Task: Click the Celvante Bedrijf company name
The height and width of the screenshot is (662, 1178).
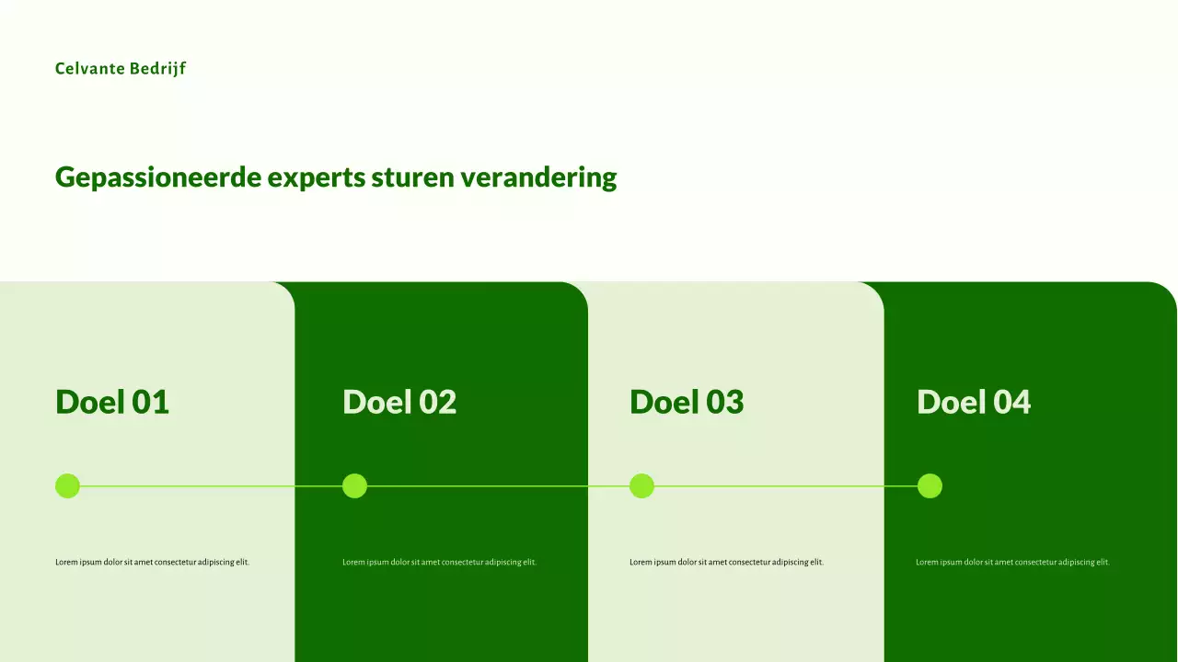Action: [x=121, y=69]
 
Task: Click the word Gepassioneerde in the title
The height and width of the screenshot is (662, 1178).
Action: [x=158, y=177]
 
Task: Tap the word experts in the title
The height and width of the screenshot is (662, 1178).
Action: [x=317, y=177]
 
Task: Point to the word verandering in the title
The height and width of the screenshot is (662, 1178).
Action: [x=539, y=177]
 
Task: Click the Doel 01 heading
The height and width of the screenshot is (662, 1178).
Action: [x=112, y=402]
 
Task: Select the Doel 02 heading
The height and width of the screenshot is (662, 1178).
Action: [x=399, y=402]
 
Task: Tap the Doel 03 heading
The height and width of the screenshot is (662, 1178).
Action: [x=687, y=402]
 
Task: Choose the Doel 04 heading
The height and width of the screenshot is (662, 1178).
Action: [x=974, y=402]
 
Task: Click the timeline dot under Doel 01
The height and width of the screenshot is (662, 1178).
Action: [x=67, y=485]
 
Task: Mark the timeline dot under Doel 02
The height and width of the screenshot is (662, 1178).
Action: [x=354, y=485]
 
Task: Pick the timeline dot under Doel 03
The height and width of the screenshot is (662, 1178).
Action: [x=641, y=485]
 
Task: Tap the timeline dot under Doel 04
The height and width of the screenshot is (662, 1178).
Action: [x=930, y=485]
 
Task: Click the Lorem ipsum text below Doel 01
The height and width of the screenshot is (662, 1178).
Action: [x=152, y=562]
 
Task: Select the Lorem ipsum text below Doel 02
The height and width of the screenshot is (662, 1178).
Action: [x=439, y=562]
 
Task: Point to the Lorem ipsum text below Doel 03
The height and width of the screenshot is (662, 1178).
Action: [x=726, y=562]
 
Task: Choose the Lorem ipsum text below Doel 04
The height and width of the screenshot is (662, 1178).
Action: [x=1012, y=562]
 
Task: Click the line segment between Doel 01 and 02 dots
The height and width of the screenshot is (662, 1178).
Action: [x=211, y=485]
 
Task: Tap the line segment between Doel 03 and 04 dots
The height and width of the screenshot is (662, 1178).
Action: [x=785, y=485]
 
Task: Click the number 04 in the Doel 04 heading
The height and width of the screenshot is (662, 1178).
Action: [x=1011, y=402]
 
